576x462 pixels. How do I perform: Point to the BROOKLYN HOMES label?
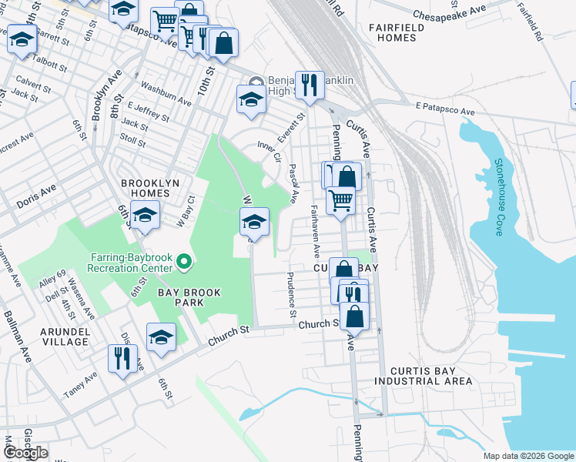(x=145, y=186)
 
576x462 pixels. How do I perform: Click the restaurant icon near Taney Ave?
(x=122, y=358)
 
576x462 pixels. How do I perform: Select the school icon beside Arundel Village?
(x=161, y=337)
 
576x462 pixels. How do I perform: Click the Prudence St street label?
(x=292, y=295)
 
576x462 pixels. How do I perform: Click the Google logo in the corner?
(x=25, y=452)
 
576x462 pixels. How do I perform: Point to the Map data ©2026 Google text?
(x=527, y=456)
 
